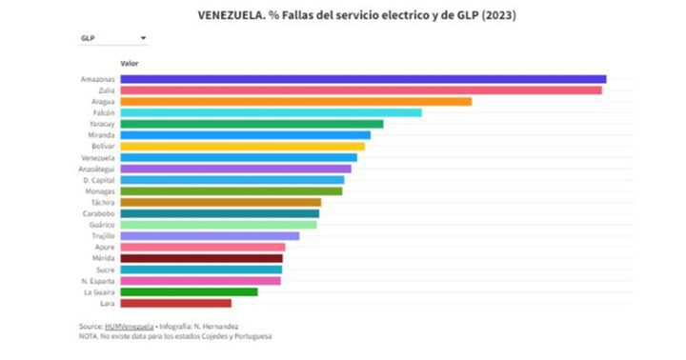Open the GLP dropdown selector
pos(113,38)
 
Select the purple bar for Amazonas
pos(363,79)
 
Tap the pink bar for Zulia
pos(361,90)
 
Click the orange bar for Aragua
pos(295,102)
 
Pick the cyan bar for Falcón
pos(271,112)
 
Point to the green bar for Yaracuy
pos(252,124)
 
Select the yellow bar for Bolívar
pos(242,147)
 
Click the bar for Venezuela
pos(238,158)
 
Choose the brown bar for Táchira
pos(220,202)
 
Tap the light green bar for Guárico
pos(218,225)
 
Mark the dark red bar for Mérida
pos(201,258)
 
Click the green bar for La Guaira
pos(189,291)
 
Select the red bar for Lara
pos(175,303)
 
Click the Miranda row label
pos(101,135)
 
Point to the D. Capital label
pos(99,180)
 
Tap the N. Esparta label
pos(99,281)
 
